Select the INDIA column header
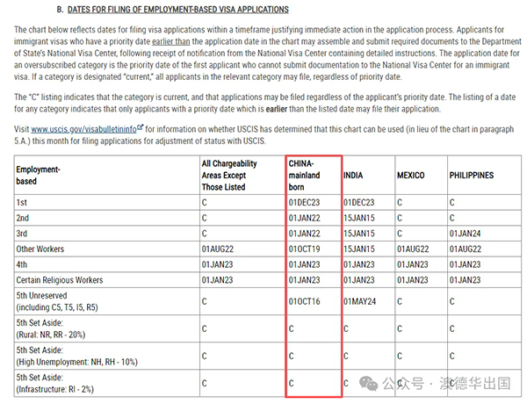(x=353, y=176)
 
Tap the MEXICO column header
(x=412, y=176)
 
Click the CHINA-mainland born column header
(x=305, y=176)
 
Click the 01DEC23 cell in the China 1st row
(x=305, y=202)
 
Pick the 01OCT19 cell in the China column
(x=305, y=249)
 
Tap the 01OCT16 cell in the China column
(x=305, y=302)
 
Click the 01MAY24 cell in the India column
(x=360, y=302)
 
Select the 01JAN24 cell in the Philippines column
(x=466, y=234)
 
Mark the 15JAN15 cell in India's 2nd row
(x=359, y=218)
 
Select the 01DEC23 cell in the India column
(x=359, y=202)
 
